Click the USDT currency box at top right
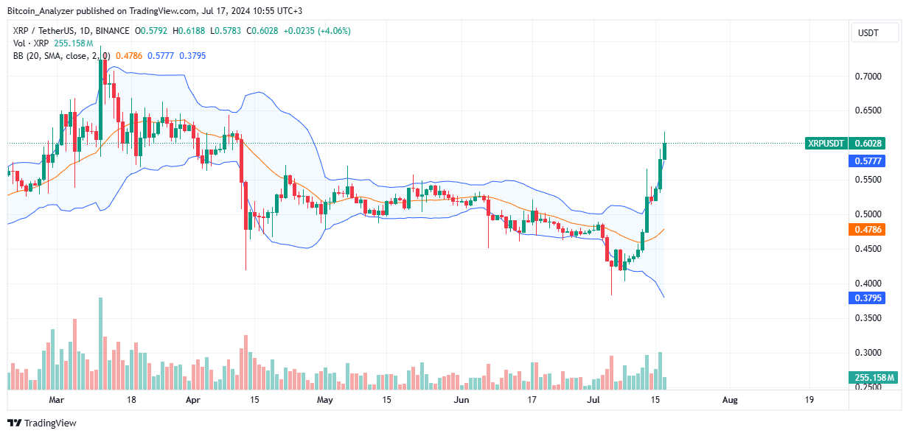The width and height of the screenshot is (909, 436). click(x=875, y=32)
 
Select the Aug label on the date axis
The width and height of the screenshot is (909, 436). click(x=729, y=400)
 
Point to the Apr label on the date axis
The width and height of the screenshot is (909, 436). click(x=193, y=400)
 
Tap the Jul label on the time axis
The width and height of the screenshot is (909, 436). click(x=594, y=400)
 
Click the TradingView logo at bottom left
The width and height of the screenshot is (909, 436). click(x=42, y=423)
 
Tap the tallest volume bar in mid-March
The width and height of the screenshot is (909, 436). click(x=100, y=343)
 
